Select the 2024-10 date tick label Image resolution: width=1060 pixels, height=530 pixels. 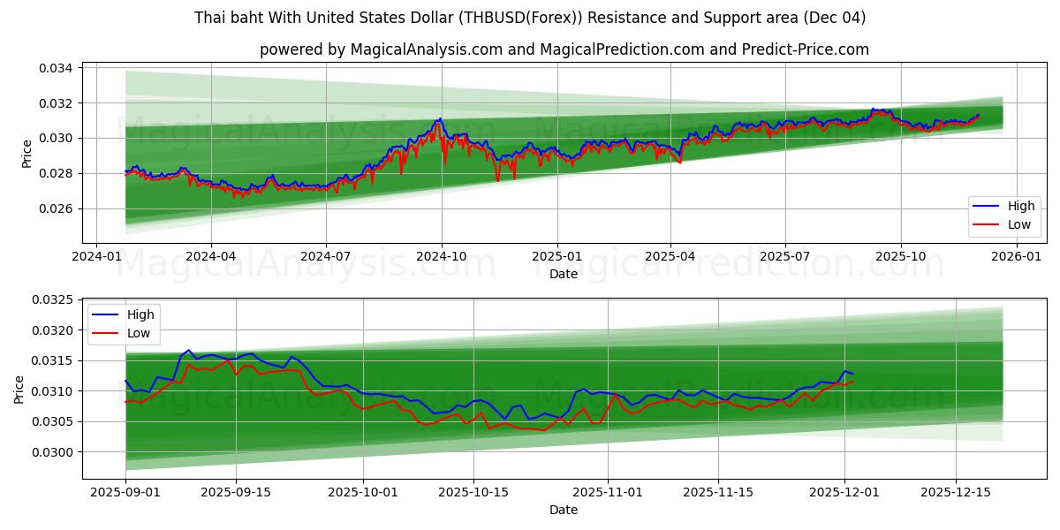(441, 256)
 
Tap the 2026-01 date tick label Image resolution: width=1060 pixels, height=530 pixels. (1017, 256)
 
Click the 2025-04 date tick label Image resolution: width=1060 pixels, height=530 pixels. (670, 256)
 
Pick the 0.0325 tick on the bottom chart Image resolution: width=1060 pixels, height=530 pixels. (55, 300)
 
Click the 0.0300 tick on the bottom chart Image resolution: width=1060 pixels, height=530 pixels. (55, 452)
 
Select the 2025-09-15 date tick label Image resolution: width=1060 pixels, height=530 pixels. (236, 491)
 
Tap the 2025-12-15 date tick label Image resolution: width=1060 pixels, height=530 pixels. (956, 491)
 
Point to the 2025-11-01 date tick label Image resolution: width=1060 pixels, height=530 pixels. (608, 491)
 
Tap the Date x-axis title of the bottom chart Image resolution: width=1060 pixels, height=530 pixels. (563, 510)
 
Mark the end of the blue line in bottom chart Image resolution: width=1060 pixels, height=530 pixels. (852, 374)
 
